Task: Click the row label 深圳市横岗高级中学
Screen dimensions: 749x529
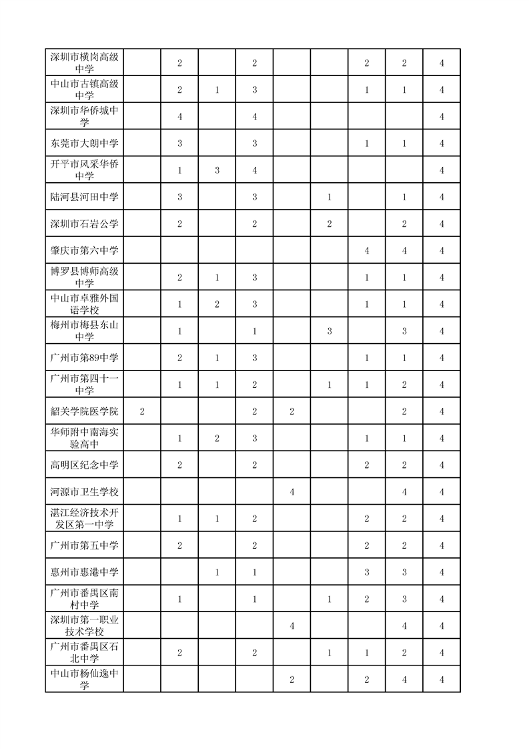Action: point(84,62)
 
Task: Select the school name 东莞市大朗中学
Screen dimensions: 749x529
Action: point(84,144)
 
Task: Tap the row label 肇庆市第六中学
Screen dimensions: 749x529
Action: point(84,250)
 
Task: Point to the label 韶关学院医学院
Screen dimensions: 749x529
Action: point(84,411)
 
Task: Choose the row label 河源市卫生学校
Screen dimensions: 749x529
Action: point(84,492)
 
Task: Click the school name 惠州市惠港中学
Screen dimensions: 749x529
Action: point(84,572)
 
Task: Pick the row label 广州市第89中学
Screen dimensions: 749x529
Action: point(84,358)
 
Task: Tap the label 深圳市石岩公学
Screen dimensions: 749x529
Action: point(84,224)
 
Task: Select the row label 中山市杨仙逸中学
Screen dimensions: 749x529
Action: point(84,680)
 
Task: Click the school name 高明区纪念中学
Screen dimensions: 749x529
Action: point(84,465)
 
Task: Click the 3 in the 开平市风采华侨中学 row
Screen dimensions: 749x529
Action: point(217,170)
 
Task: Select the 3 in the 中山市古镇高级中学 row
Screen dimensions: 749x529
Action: point(255,89)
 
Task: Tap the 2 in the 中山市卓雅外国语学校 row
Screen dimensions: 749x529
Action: point(217,304)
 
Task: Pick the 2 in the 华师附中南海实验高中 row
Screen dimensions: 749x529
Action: point(217,438)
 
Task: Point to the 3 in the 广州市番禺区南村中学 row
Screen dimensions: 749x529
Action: point(404,599)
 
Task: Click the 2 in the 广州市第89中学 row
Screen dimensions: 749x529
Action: point(179,358)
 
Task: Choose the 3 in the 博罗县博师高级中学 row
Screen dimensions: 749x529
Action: point(255,277)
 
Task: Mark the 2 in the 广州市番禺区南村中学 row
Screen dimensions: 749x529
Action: point(367,599)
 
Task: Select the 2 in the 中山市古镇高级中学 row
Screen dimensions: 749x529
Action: point(179,89)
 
